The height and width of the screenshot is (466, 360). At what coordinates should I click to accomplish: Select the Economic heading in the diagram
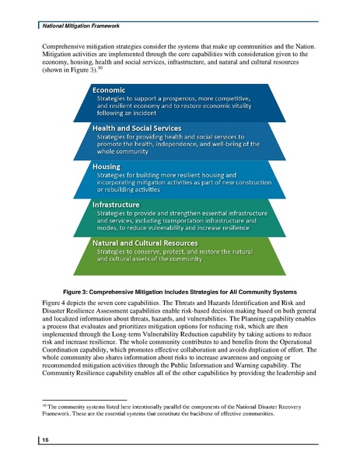[x=116, y=90]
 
